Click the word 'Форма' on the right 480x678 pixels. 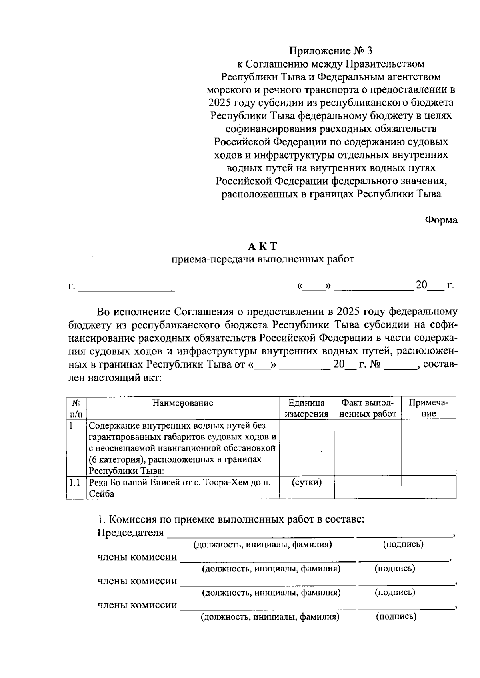pos(441,220)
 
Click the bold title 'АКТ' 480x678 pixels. pos(262,246)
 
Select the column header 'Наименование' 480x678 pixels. pos(183,403)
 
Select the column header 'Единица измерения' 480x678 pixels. pos(306,408)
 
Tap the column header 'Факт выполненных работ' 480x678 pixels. pos(367,408)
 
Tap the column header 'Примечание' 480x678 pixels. pos(428,408)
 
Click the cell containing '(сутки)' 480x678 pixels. pos(306,482)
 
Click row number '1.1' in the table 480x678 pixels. pos(74,483)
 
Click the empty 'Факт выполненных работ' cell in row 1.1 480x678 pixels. pos(367,487)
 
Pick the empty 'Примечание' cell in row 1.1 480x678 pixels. pos(428,487)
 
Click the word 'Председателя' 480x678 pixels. pos(131,533)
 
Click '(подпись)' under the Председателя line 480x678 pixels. pos(403,544)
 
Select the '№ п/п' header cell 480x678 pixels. pos(76,408)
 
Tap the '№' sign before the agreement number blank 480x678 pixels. pos(374,365)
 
